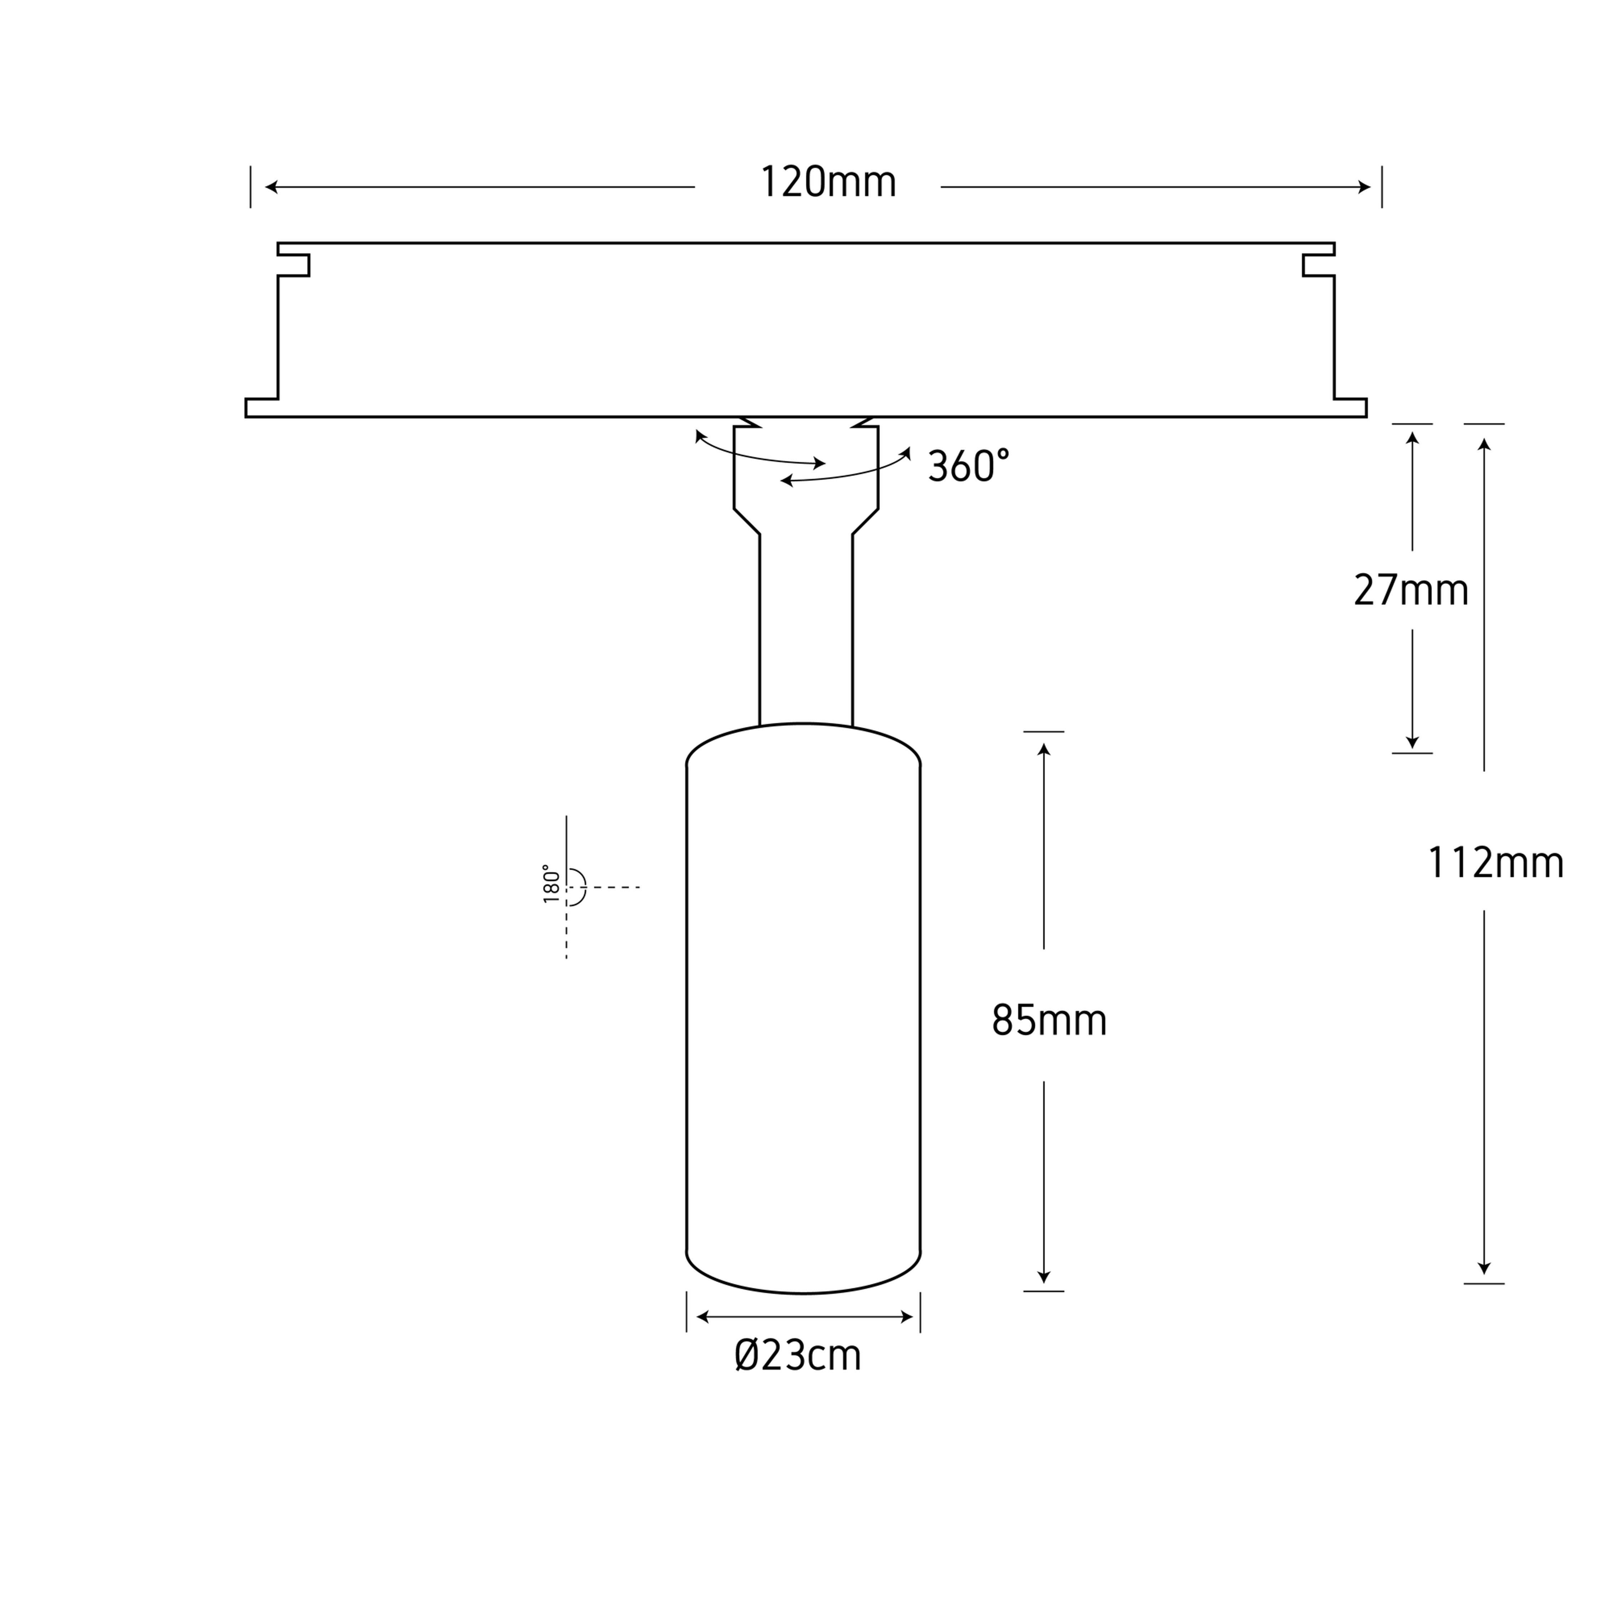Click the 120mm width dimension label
828,183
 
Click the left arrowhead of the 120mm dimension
271,187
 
